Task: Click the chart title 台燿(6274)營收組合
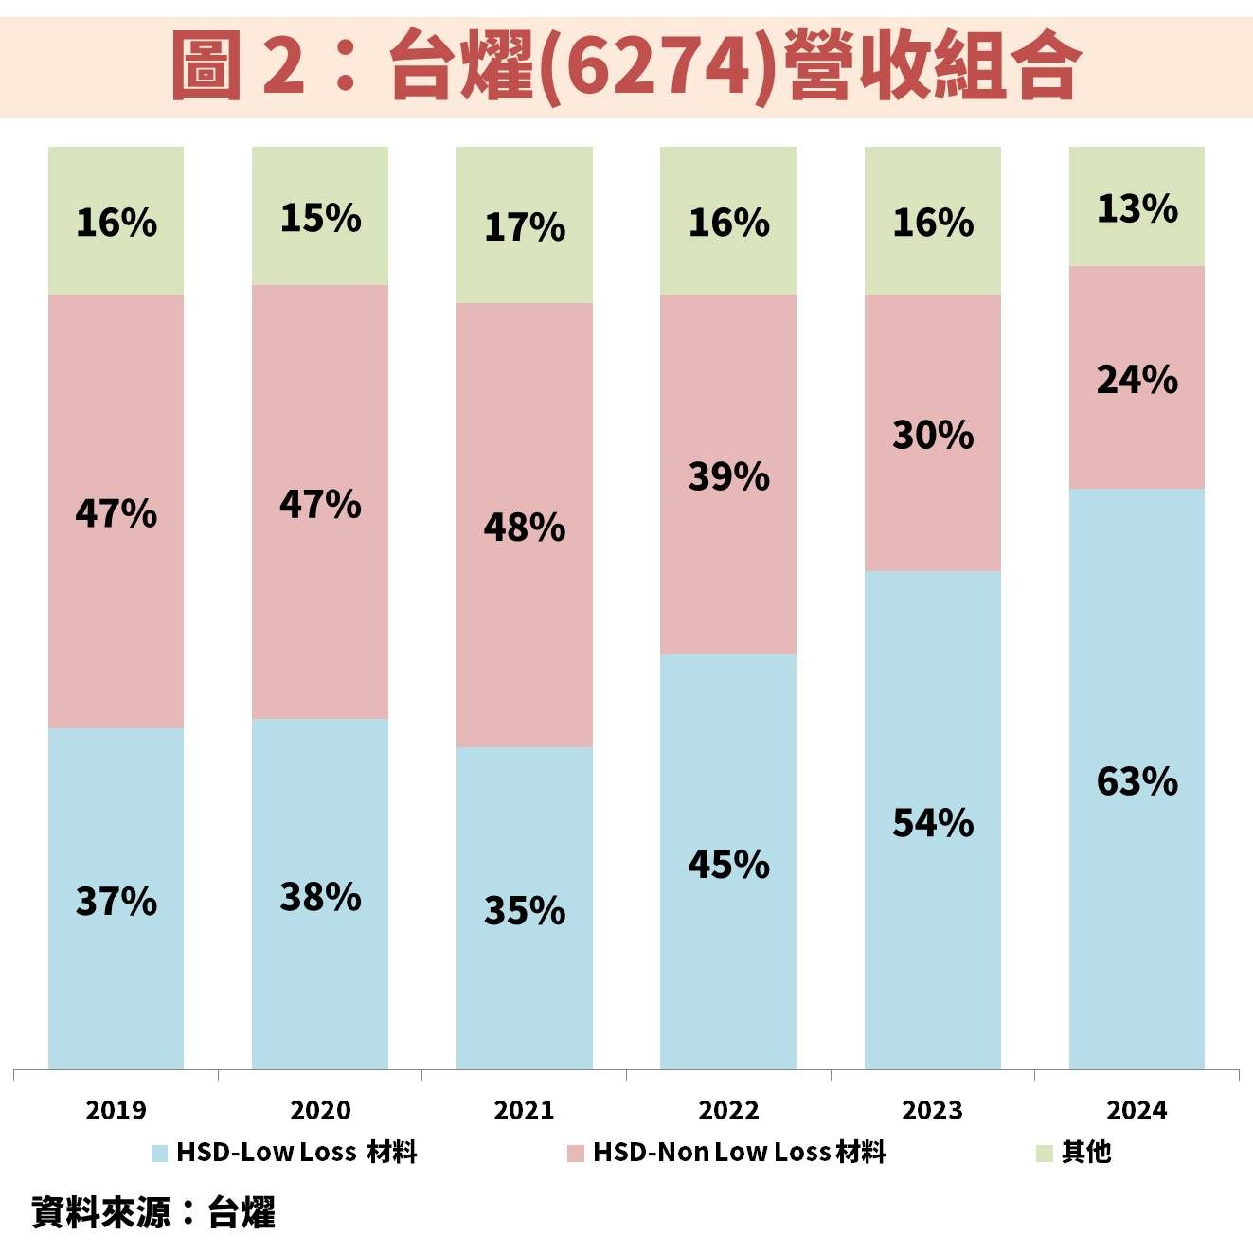click(x=625, y=64)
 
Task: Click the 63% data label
click(x=1137, y=781)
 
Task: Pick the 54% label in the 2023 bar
click(x=933, y=823)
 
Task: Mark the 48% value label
click(x=524, y=528)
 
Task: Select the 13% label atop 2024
click(x=1137, y=208)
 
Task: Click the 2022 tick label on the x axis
click(x=728, y=1110)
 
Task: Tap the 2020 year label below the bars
click(x=320, y=1110)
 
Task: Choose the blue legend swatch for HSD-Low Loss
click(x=159, y=1153)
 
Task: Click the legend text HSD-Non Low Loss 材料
click(x=739, y=1153)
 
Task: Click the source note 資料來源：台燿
click(x=153, y=1213)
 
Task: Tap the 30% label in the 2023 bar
click(x=933, y=436)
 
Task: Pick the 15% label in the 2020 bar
click(x=320, y=219)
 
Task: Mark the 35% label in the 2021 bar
click(x=524, y=911)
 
